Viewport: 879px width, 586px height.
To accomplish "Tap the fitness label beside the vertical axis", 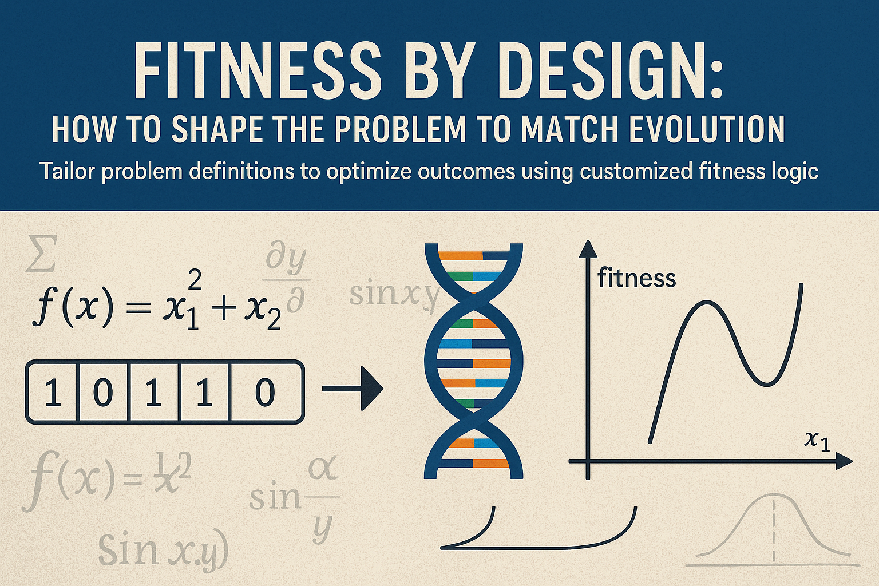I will click(636, 279).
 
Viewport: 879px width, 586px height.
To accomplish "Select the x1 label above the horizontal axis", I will click(817, 441).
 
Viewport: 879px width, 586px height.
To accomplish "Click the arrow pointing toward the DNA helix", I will click(353, 389).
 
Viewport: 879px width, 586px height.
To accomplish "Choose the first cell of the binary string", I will click(53, 393).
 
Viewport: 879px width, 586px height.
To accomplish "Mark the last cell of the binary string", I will click(265, 393).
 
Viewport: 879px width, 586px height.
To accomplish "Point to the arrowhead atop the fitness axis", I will click(588, 251).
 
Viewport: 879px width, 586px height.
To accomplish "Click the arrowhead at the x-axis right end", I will click(844, 461).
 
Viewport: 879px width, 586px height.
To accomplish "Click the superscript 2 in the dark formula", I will click(195, 280).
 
